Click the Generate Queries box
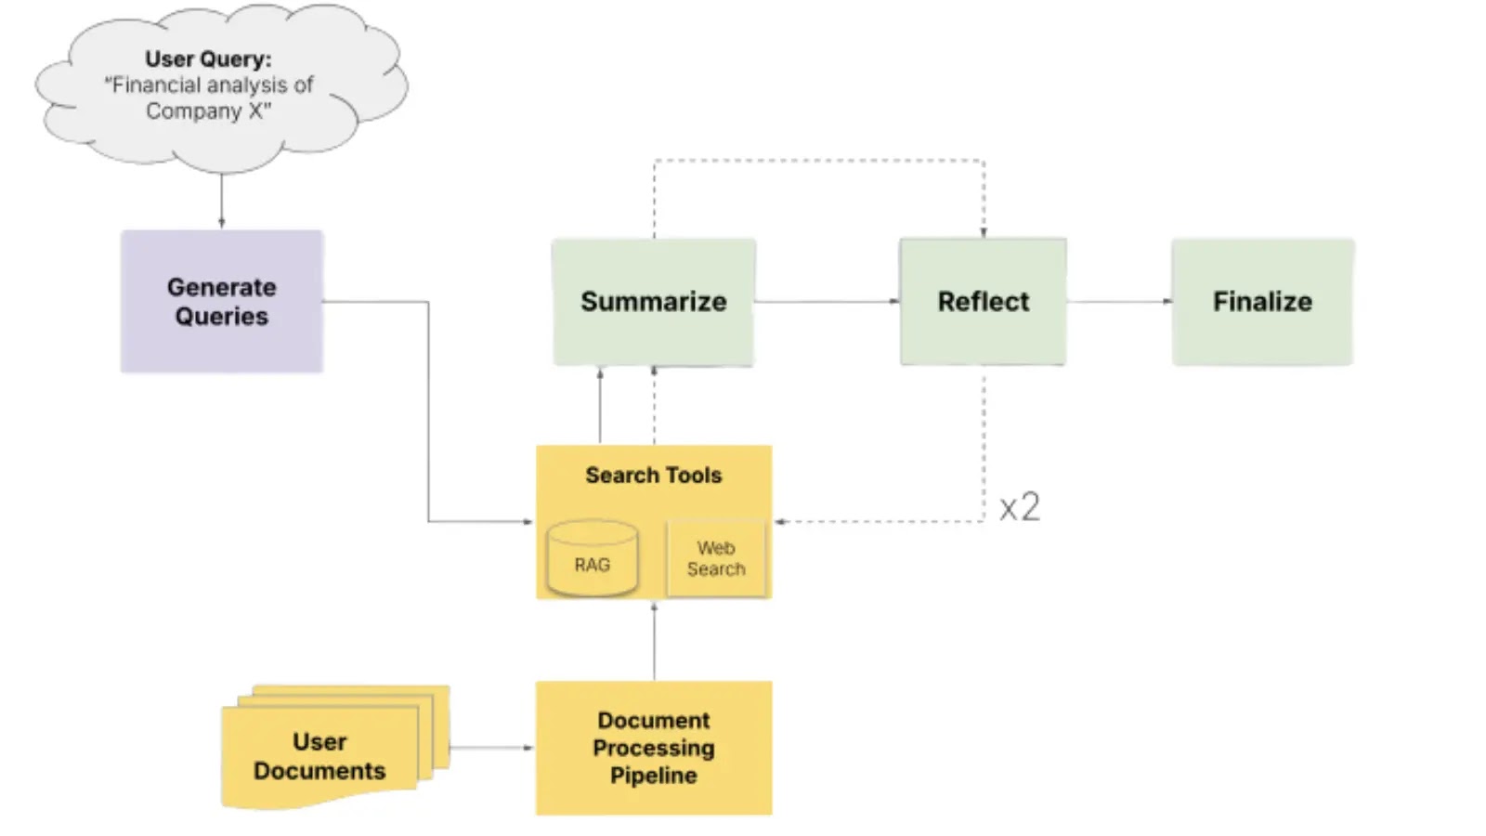coord(221,301)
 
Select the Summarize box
coord(653,301)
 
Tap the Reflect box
coord(983,301)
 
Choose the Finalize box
coord(1261,301)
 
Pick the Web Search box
coord(715,558)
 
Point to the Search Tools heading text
coord(653,475)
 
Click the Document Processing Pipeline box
coord(653,748)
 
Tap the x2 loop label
coord(1019,507)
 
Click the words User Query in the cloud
coord(208,59)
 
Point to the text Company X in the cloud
coord(208,111)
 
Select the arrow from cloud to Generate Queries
coord(221,201)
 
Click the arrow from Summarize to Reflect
coord(827,301)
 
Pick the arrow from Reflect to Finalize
coord(1118,301)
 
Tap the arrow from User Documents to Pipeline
coord(491,747)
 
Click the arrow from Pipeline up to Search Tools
coord(654,641)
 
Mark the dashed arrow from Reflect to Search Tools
coord(882,521)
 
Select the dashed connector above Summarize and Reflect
coord(817,161)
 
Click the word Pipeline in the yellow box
coord(653,776)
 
